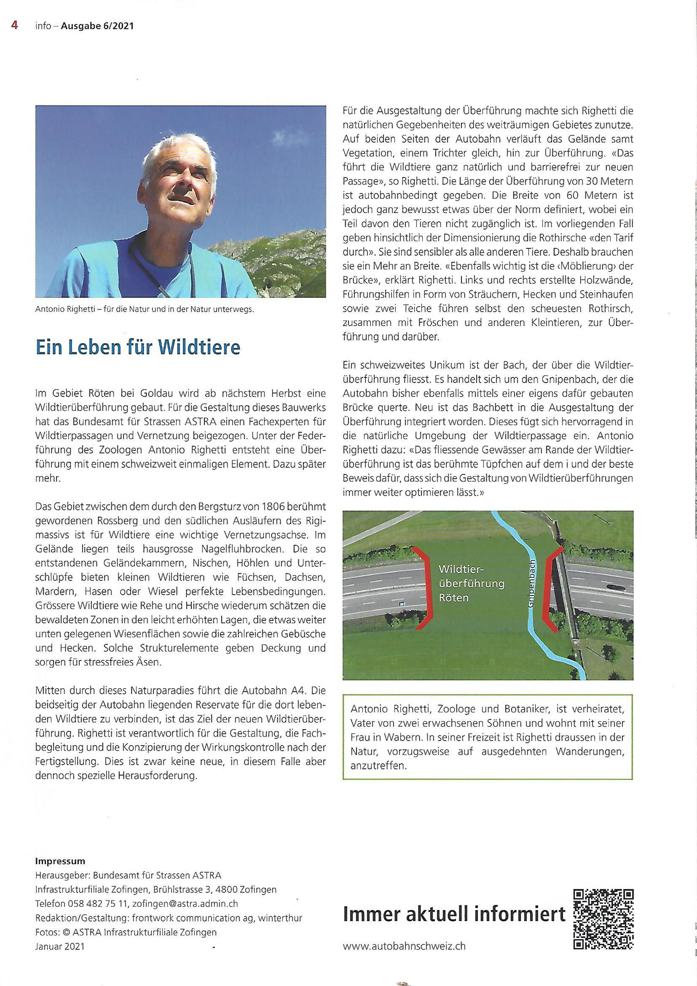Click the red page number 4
tap(14, 25)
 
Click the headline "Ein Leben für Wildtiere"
tap(138, 347)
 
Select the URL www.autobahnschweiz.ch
tap(404, 946)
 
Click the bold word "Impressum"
tap(60, 861)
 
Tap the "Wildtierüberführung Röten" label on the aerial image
tap(471, 583)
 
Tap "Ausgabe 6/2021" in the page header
tap(97, 26)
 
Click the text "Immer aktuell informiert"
tap(454, 914)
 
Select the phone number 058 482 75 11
tap(97, 903)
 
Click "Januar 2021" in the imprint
tap(60, 946)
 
